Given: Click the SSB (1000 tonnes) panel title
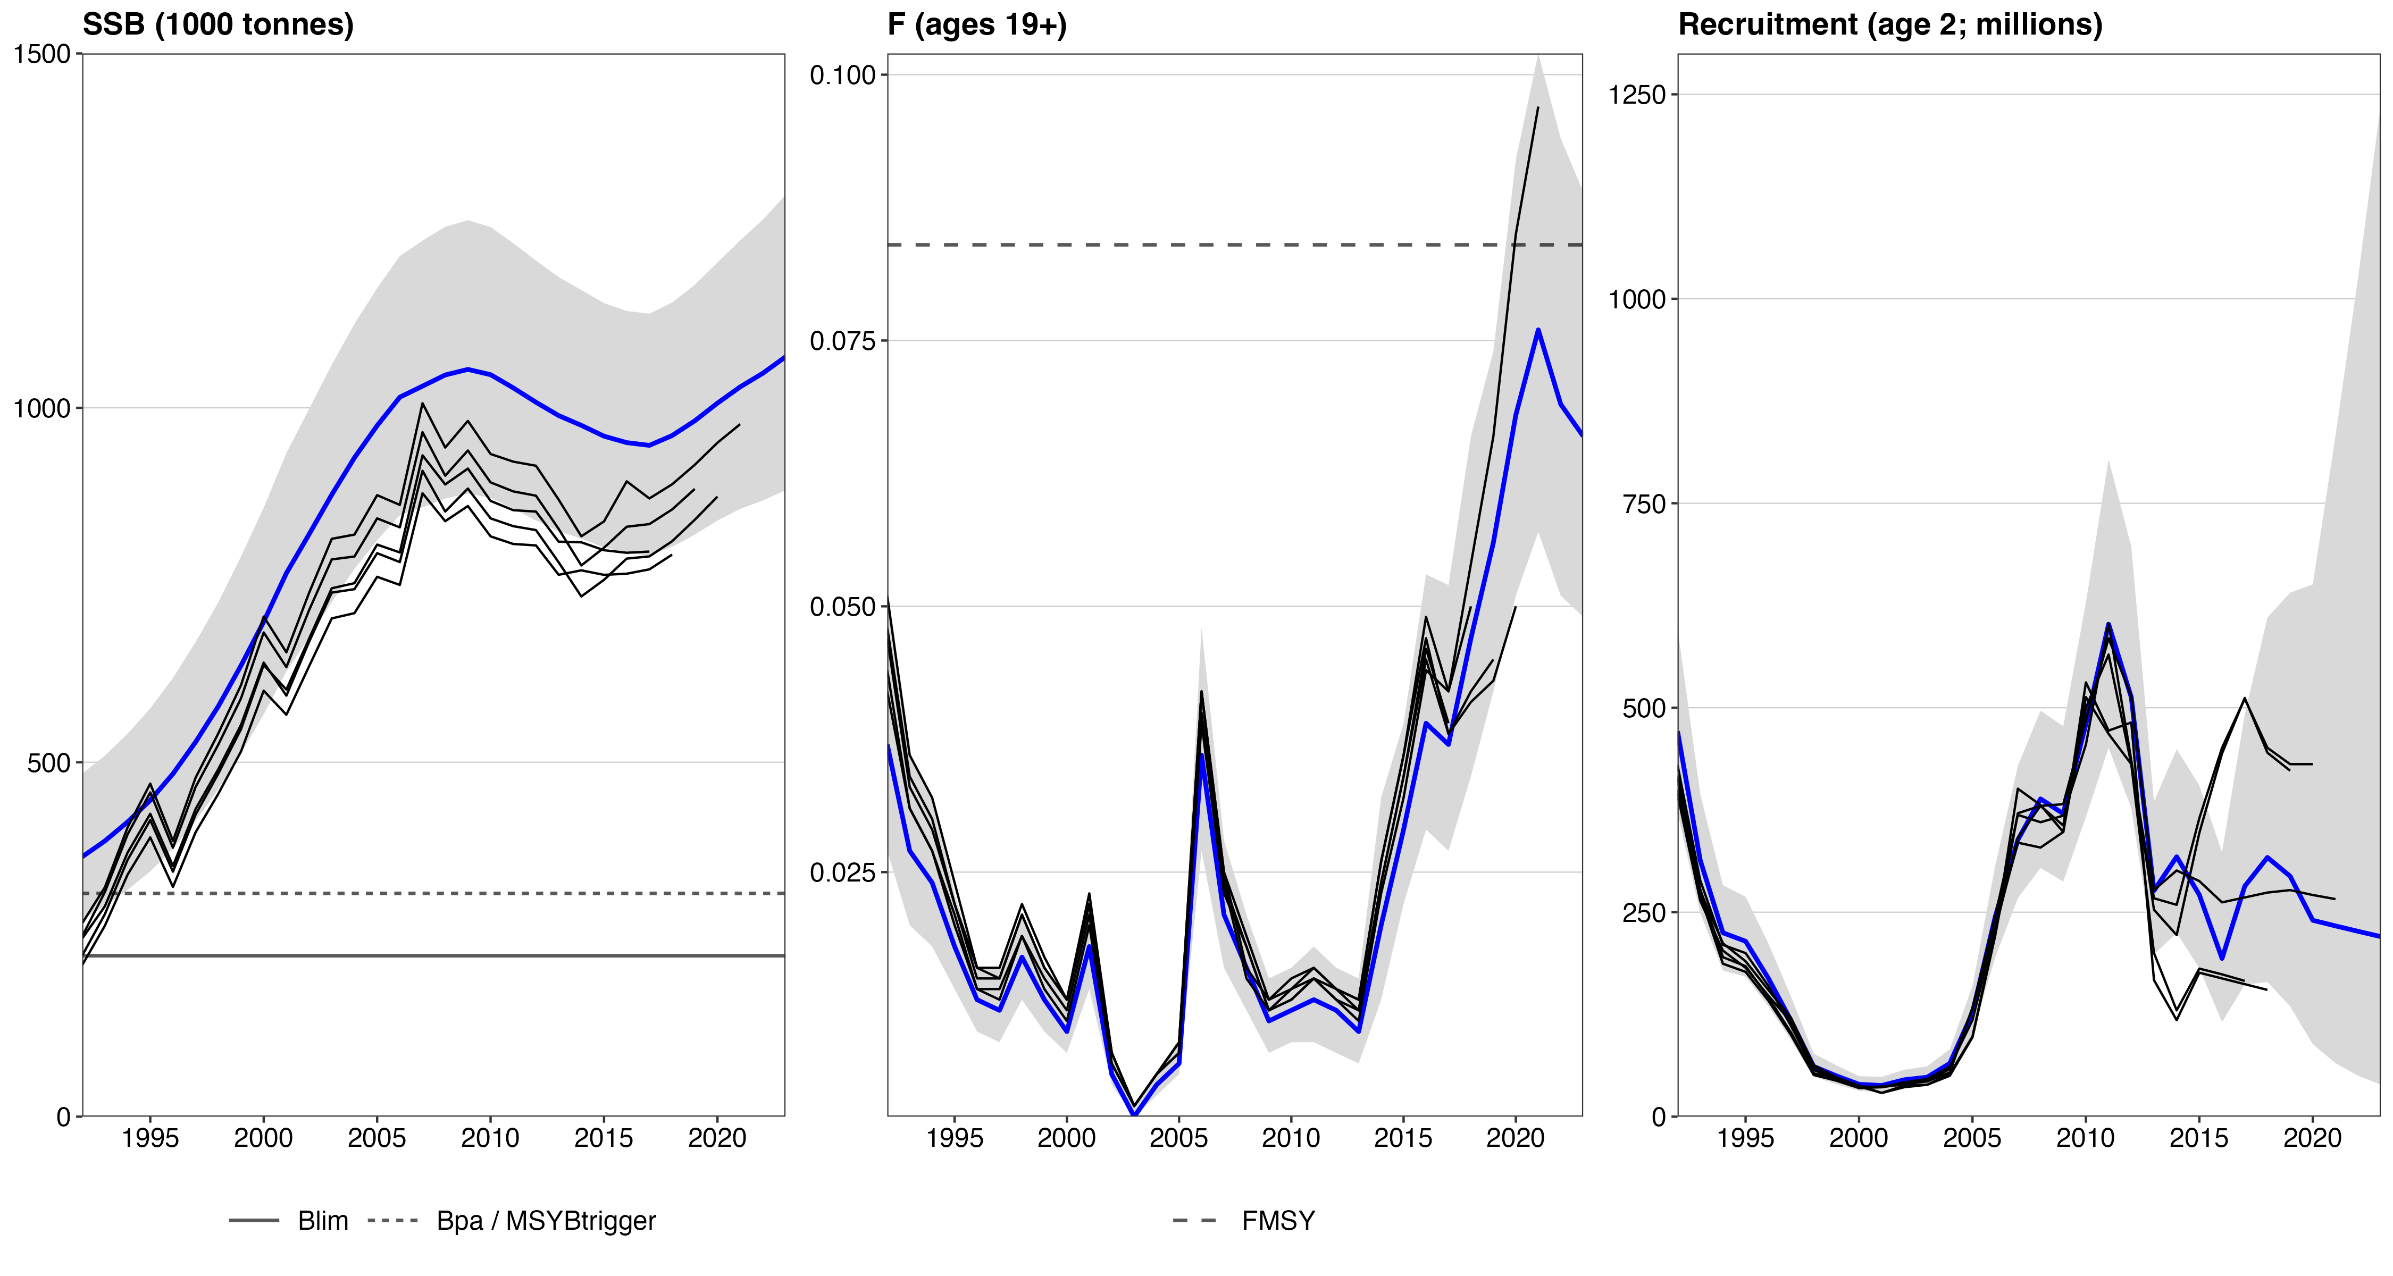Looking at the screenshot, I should coord(219,24).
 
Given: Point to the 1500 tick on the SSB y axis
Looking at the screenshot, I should coord(42,54).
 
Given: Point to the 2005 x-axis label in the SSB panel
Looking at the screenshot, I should coord(376,1138).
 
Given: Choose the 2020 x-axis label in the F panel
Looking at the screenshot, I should coord(1515,1138).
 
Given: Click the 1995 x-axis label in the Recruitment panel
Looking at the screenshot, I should coord(1745,1138).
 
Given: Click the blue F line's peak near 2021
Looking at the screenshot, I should coord(1538,330).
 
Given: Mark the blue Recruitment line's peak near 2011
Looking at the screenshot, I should coord(2108,624).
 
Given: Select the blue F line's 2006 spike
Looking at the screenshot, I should coord(1201,754).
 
